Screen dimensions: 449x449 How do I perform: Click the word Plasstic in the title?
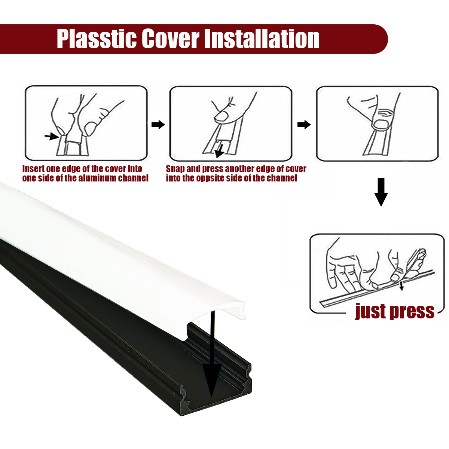point(97,39)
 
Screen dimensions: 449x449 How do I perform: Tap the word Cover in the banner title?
point(171,39)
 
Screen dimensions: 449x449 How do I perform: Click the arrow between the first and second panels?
point(158,125)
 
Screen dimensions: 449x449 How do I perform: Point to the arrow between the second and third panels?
point(304,125)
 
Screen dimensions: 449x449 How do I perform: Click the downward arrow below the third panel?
point(381,192)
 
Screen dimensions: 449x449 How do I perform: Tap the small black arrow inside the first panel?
point(52,136)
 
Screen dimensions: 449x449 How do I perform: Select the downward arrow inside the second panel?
point(219,151)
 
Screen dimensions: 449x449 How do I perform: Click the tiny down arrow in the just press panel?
point(401,286)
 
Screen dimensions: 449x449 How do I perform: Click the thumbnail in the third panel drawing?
point(381,125)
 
